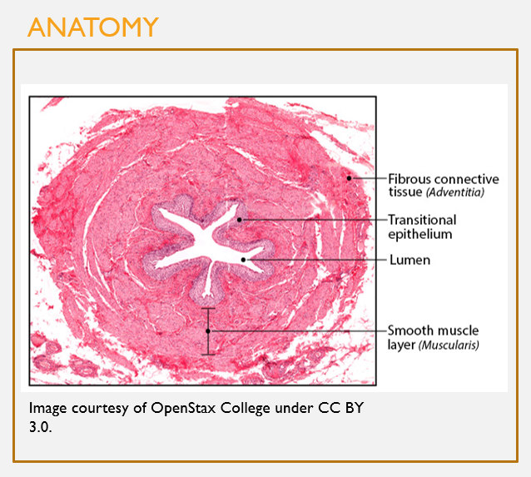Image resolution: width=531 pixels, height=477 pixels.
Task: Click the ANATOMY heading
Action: pos(92,27)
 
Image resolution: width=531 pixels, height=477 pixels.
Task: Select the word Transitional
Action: pos(422,221)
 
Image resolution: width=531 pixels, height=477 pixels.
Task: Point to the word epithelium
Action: pos(420,234)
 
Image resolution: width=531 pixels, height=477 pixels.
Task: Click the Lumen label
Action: pos(409,261)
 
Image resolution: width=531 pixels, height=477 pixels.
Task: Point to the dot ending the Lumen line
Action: pos(244,260)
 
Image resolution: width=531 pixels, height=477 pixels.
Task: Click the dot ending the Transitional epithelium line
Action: pos(239,220)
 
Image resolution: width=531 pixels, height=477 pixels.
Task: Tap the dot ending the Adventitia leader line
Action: pos(350,178)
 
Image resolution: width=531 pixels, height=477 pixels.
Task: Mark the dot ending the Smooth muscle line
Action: pos(209,330)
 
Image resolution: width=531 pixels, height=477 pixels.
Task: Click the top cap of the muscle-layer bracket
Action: pos(209,308)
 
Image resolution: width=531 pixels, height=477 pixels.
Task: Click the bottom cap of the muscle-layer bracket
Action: pos(209,355)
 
